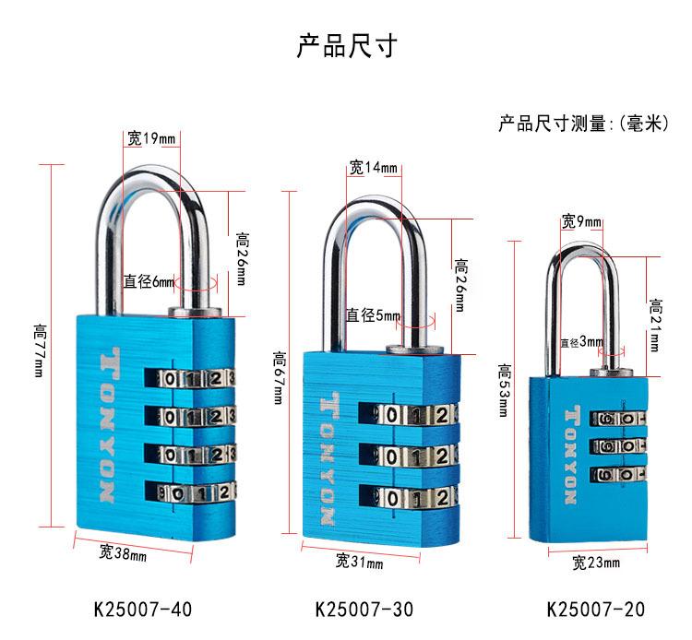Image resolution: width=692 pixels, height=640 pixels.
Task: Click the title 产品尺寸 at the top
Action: pos(346,45)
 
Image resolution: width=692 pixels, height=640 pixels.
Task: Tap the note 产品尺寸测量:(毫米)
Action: pos(582,124)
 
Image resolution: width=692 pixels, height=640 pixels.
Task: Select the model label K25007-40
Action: pos(143,610)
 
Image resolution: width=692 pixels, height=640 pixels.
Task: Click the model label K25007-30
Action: pos(364,610)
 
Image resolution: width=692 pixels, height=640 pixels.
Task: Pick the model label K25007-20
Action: pos(595,610)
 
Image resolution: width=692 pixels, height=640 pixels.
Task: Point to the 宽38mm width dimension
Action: pos(122,553)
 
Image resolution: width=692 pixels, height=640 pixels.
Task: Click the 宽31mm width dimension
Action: pos(358,561)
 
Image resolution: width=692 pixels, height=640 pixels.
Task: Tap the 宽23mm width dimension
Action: pos(595,562)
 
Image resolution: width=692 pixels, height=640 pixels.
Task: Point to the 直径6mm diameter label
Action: pos(149,282)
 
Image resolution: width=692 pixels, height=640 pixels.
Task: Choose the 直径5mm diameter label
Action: pos(373,315)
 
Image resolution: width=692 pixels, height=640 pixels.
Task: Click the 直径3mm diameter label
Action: pos(581,343)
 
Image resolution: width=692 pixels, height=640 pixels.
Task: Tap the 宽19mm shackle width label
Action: pos(151,139)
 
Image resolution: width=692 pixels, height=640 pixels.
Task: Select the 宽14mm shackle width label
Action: pos(373,168)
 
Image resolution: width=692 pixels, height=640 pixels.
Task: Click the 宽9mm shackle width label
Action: pos(581,221)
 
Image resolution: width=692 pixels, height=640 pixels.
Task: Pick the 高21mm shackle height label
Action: pos(656,325)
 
